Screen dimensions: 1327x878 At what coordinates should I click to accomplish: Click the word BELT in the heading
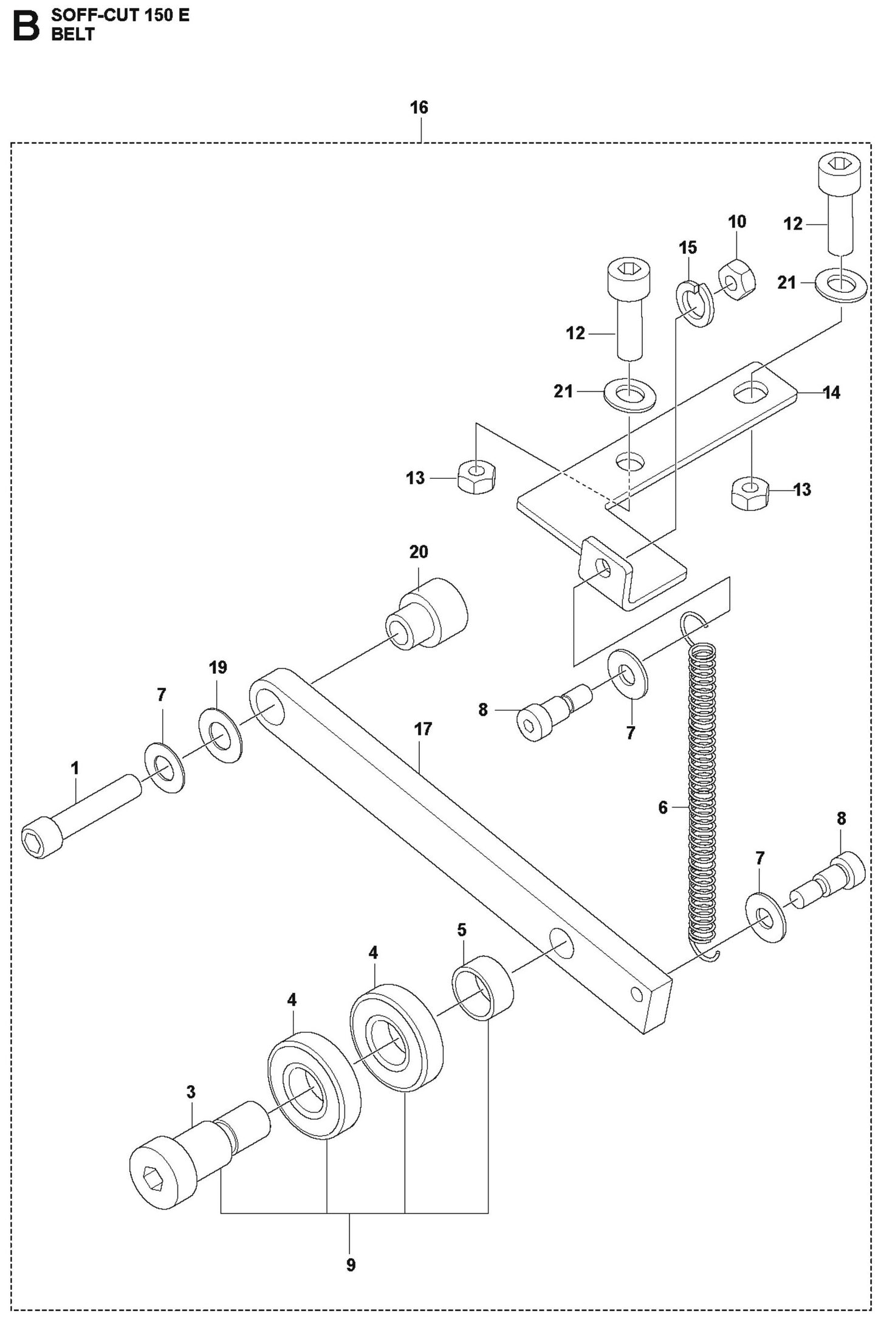73,35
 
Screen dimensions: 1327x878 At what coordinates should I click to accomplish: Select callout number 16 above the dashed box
419,108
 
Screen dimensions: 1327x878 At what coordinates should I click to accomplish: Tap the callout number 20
419,552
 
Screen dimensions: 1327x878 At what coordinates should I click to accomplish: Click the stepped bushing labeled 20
428,614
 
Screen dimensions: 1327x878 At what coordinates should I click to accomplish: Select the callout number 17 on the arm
423,729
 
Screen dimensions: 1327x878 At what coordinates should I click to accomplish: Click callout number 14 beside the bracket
831,393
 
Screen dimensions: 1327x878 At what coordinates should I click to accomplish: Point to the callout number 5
462,930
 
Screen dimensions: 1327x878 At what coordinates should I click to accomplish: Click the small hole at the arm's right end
637,994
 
